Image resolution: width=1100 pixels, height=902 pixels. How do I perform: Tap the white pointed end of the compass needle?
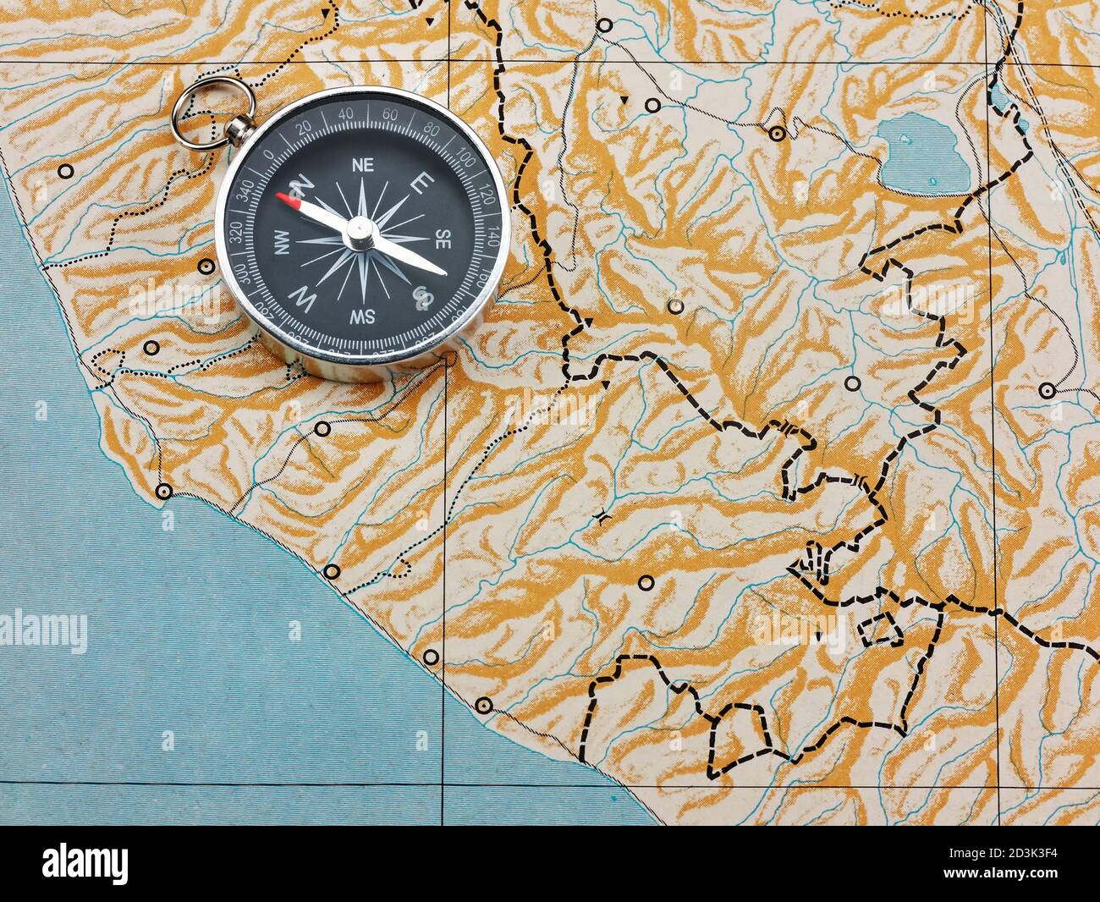pos(441,272)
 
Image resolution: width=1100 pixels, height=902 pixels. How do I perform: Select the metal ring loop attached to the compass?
pos(212,110)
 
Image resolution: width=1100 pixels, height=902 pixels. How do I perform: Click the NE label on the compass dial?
pos(363,164)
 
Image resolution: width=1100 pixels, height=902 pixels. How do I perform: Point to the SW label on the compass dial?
pos(363,316)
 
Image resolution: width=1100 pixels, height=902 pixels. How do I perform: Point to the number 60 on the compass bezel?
pos(390,115)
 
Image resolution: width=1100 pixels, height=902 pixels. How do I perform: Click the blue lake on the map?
pos(923,153)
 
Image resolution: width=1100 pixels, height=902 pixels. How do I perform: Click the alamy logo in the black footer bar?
pos(85,863)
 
